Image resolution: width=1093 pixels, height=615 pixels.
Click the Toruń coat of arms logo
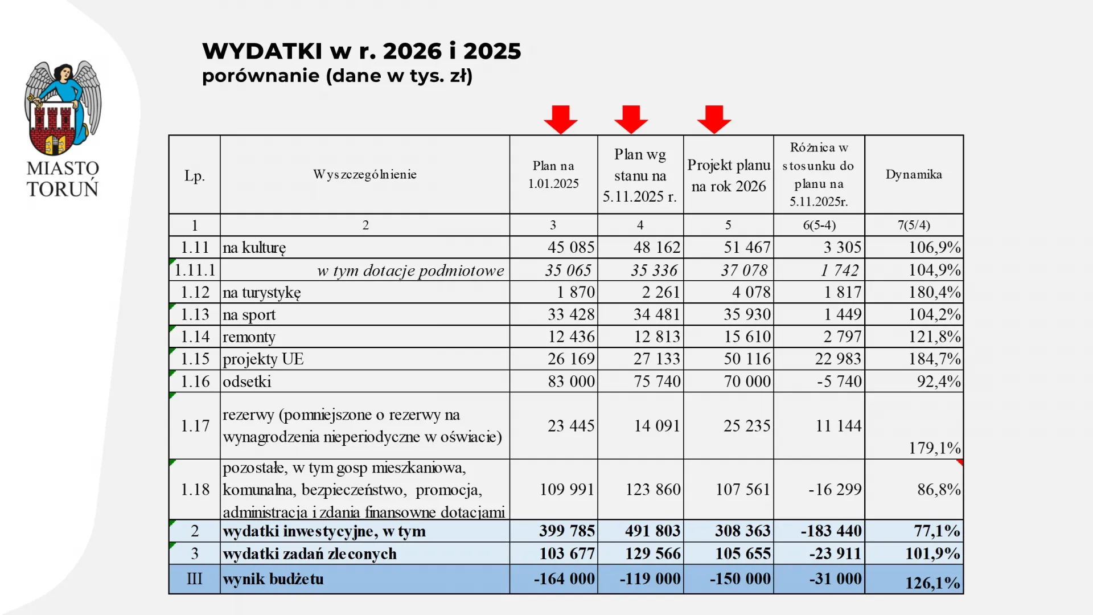click(x=63, y=108)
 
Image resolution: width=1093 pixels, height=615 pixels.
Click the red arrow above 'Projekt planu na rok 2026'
click(x=714, y=119)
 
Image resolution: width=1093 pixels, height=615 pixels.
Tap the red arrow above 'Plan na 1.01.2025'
click(x=561, y=119)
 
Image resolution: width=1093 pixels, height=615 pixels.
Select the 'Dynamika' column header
click(x=914, y=174)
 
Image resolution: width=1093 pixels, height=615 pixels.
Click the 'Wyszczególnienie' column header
click(x=365, y=174)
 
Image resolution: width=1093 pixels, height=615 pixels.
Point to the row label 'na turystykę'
click(x=262, y=293)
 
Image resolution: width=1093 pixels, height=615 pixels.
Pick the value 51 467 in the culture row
click(x=747, y=248)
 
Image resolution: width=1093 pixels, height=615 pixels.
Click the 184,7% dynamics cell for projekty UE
click(x=934, y=359)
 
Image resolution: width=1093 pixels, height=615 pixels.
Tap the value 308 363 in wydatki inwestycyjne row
click(x=743, y=531)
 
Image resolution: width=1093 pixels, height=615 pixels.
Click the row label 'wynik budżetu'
click(x=273, y=579)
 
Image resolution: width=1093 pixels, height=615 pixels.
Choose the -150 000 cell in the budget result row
click(x=740, y=579)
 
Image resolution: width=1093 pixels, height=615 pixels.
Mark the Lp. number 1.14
click(x=195, y=337)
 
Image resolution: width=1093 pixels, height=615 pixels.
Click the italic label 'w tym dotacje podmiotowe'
click(x=410, y=270)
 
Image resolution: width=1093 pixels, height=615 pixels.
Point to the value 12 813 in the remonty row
click(x=657, y=337)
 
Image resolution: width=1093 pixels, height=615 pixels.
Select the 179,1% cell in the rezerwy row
click(x=934, y=448)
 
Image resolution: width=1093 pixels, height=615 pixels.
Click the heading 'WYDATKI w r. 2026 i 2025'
click(x=361, y=51)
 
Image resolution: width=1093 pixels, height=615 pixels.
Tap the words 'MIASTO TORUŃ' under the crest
click(x=63, y=179)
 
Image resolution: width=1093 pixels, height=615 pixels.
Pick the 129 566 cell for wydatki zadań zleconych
click(x=652, y=553)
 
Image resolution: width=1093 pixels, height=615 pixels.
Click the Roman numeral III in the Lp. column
click(x=195, y=579)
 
